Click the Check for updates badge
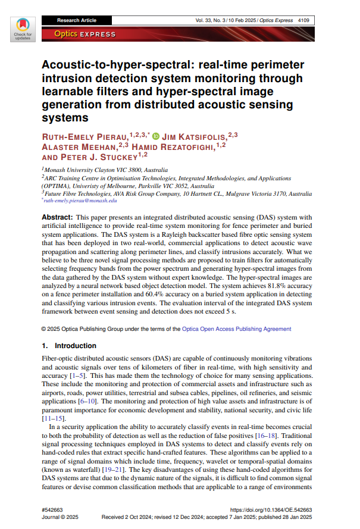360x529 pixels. (23, 27)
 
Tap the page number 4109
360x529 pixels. (307, 20)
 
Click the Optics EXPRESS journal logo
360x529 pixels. (84, 34)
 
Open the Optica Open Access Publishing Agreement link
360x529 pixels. (237, 328)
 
